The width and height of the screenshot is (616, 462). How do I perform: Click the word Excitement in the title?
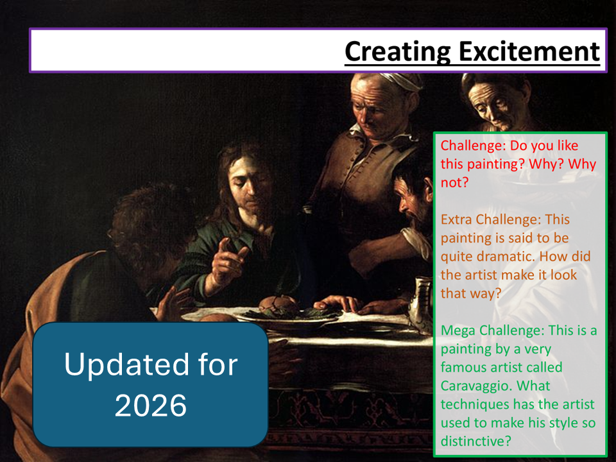point(529,51)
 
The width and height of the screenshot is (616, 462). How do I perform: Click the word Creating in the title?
point(398,52)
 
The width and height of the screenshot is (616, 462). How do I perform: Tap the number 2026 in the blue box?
point(150,405)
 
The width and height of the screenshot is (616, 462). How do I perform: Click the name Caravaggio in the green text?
point(475,386)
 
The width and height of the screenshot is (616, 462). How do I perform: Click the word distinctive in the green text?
point(475,441)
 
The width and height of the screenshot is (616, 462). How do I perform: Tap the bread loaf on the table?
point(278,304)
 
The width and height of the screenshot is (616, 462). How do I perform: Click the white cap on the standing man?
point(400,81)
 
